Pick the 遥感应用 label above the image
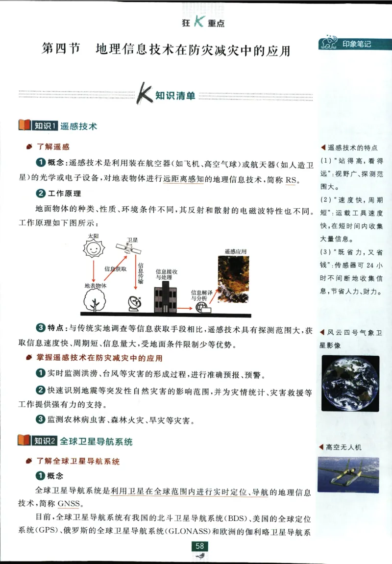(x=236, y=251)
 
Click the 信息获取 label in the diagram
(x=116, y=269)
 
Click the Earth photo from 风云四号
(x=350, y=383)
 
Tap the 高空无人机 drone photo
(x=348, y=475)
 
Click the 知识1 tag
(x=45, y=126)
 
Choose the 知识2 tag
(x=45, y=441)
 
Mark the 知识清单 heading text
(x=175, y=96)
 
